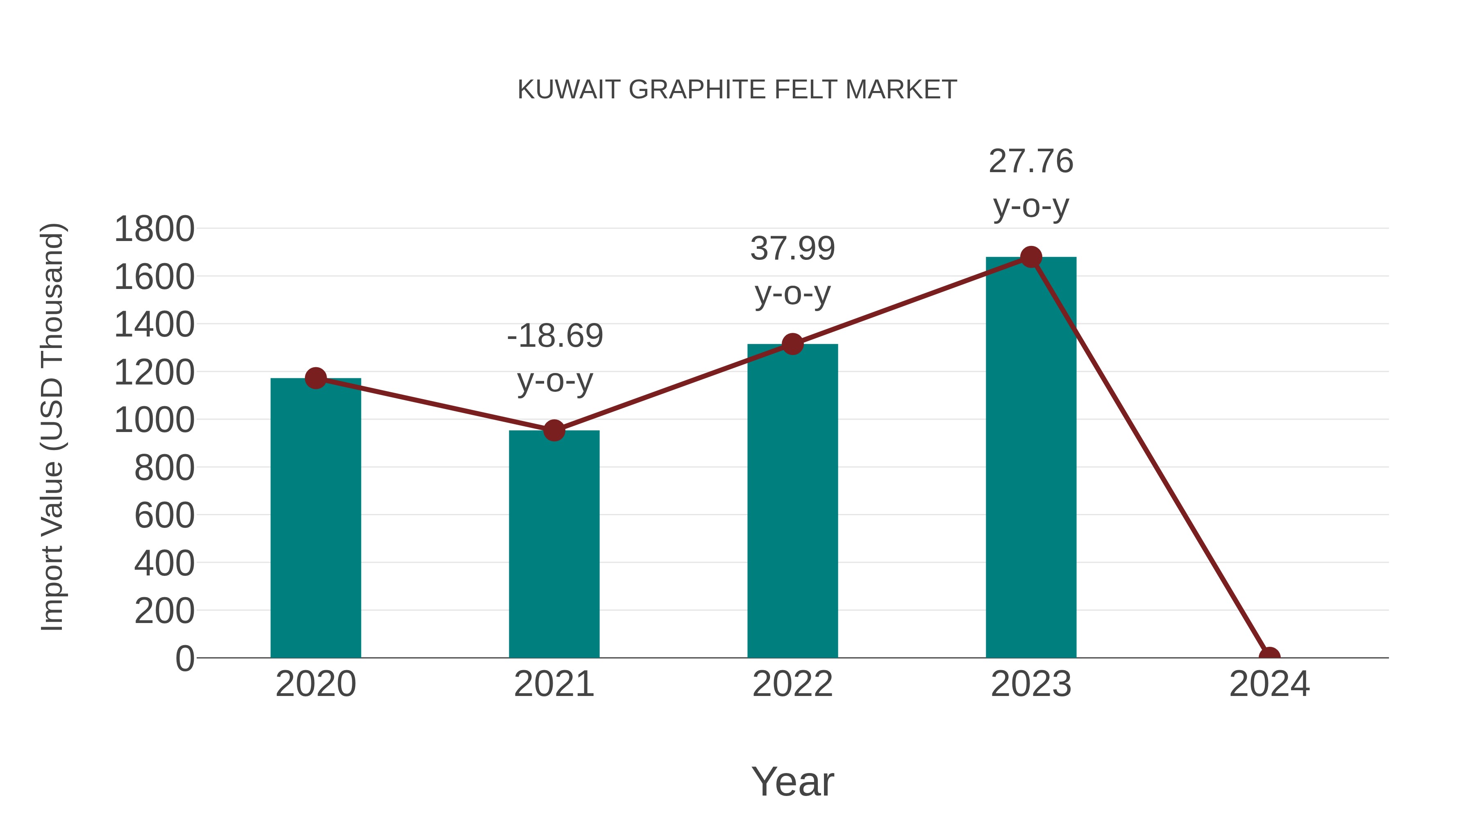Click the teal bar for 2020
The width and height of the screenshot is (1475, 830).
pyautogui.click(x=315, y=518)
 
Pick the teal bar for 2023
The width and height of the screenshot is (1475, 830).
pyautogui.click(x=1031, y=458)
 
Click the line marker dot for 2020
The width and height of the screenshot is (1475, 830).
pyautogui.click(x=315, y=378)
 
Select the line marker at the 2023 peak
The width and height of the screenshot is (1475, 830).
pyautogui.click(x=1031, y=257)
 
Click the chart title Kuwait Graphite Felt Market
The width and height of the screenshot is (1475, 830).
pyautogui.click(x=737, y=90)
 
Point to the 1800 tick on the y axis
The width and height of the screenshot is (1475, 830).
pyautogui.click(x=154, y=229)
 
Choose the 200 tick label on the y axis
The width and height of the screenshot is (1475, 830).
pyautogui.click(x=164, y=611)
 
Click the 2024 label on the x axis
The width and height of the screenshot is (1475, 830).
pyautogui.click(x=1269, y=684)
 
